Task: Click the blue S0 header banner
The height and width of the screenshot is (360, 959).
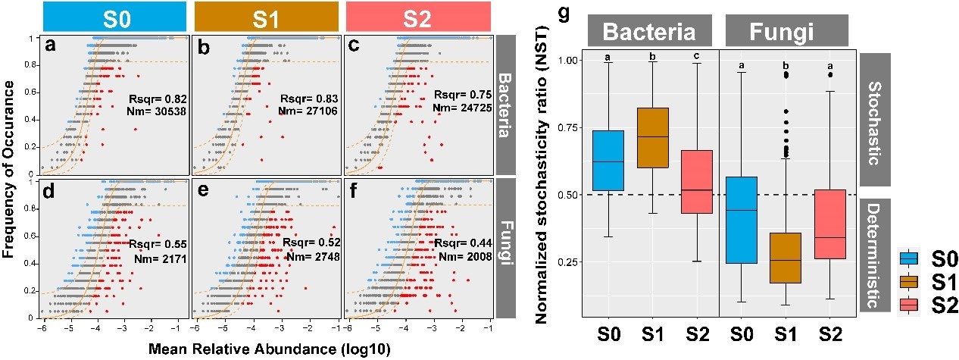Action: click(114, 17)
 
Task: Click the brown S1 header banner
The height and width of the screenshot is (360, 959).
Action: click(266, 17)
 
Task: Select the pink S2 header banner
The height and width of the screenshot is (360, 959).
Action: click(417, 17)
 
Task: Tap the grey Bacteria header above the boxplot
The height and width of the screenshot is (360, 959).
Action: click(649, 33)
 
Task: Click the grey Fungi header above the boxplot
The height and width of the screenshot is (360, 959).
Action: click(786, 33)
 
